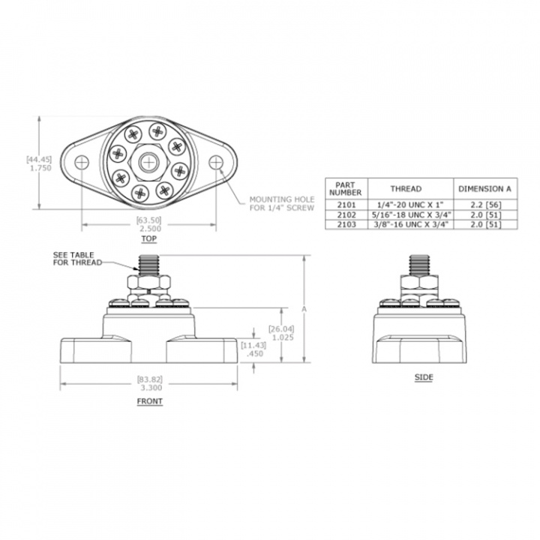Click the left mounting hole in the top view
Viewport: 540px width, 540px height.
click(82, 163)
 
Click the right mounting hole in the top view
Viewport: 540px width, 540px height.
click(216, 163)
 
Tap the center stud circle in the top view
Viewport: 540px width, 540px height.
click(148, 163)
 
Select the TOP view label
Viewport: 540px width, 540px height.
click(148, 238)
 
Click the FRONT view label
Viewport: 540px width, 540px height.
click(150, 401)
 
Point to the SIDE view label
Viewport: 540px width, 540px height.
click(424, 377)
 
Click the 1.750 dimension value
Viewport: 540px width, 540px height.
click(39, 168)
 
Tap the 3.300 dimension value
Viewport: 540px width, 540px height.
click(151, 388)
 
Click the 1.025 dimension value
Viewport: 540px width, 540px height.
click(283, 337)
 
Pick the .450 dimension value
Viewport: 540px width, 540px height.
click(255, 354)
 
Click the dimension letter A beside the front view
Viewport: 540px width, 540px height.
click(304, 310)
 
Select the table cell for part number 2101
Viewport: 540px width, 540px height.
click(346, 205)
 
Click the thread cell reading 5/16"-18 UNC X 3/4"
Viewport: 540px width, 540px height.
click(410, 215)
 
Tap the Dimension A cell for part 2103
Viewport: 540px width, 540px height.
click(485, 224)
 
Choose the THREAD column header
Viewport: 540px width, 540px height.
click(406, 189)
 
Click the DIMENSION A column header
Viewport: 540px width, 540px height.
click(485, 189)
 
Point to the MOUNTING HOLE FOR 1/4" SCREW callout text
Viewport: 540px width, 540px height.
click(282, 203)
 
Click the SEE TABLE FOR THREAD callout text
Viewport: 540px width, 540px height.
click(77, 259)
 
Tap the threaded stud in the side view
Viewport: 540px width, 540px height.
click(419, 265)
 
